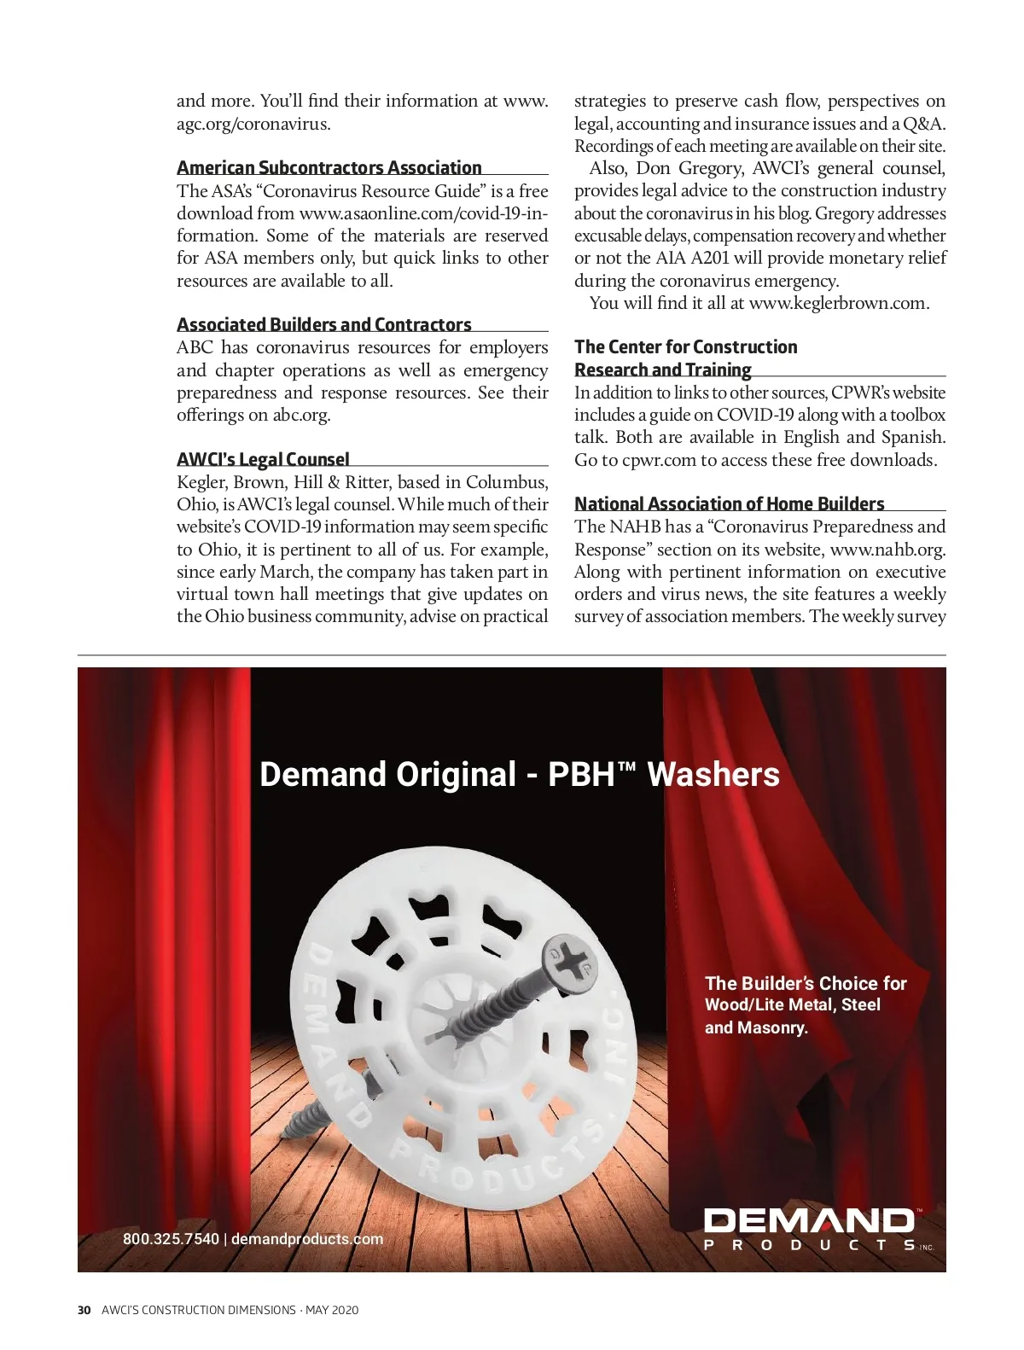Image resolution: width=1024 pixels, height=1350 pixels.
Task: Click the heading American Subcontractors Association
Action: pyautogui.click(x=329, y=168)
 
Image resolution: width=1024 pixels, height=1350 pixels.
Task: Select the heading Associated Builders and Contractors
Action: pyautogui.click(x=324, y=325)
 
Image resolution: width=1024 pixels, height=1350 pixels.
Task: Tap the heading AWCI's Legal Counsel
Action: pyautogui.click(x=263, y=460)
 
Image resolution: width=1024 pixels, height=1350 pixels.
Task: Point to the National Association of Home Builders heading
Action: pyautogui.click(x=729, y=504)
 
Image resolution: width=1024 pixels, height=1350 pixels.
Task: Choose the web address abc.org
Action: pyautogui.click(x=300, y=416)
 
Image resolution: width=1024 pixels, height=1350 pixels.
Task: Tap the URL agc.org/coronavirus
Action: pyautogui.click(x=252, y=124)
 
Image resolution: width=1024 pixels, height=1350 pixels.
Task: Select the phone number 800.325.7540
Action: pyautogui.click(x=171, y=1239)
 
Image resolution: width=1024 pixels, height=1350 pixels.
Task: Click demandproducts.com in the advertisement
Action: pyautogui.click(x=307, y=1239)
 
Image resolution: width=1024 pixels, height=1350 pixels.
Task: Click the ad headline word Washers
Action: pyautogui.click(x=713, y=775)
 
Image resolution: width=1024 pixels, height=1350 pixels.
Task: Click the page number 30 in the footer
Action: pyautogui.click(x=84, y=1310)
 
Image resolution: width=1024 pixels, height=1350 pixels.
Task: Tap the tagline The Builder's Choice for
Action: pyautogui.click(x=805, y=983)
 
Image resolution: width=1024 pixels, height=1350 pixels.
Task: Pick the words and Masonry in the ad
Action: pyautogui.click(x=755, y=1028)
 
